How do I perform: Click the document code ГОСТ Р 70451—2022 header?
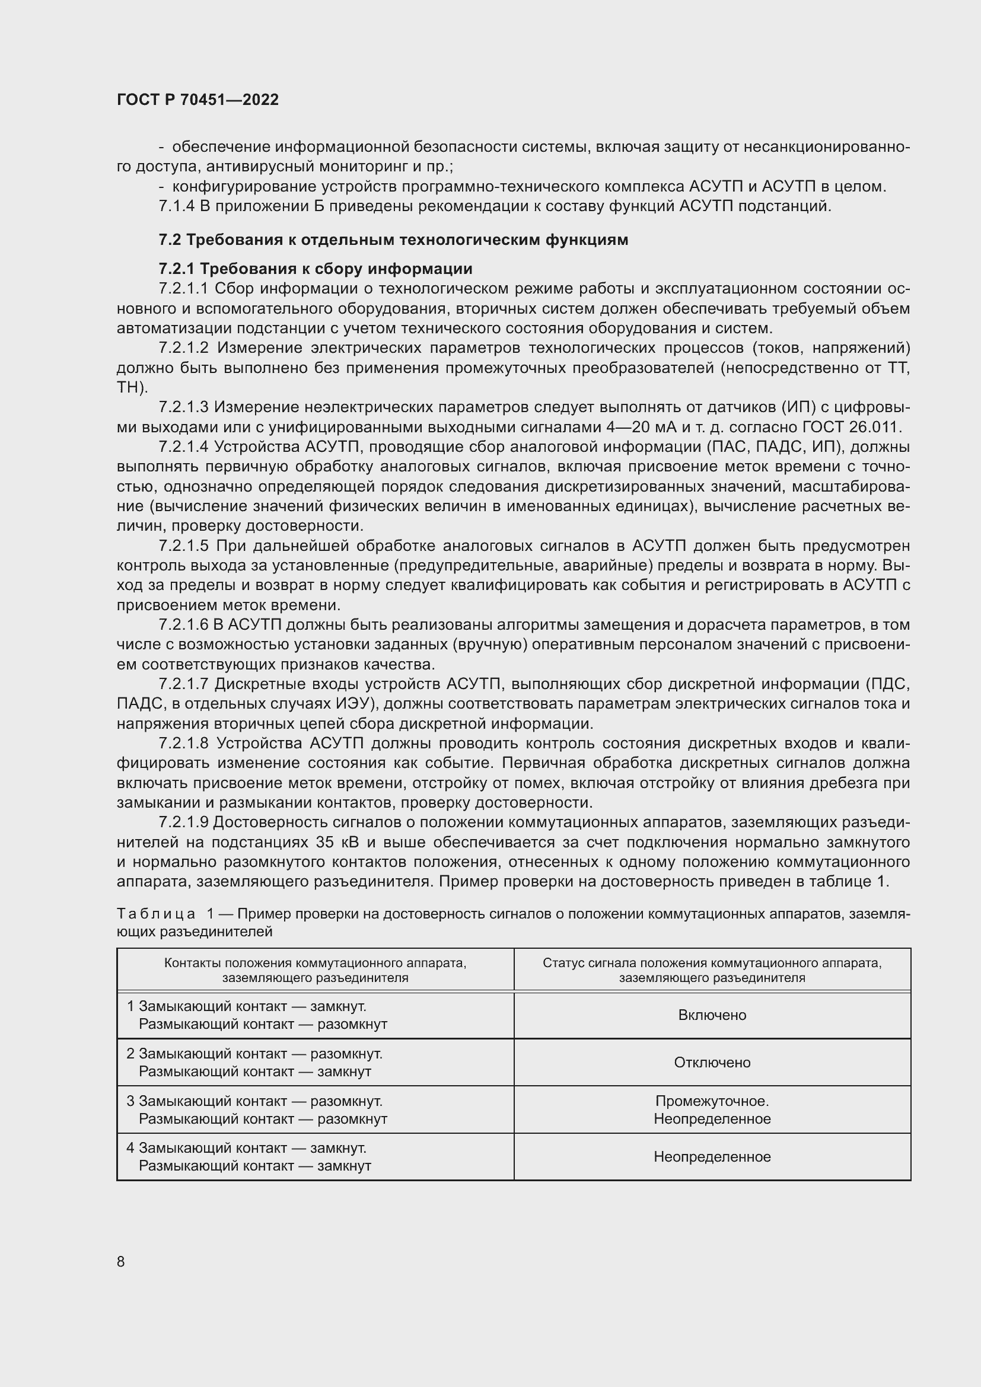(198, 100)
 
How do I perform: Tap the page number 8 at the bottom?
(121, 1261)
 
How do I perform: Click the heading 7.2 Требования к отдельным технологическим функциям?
(393, 240)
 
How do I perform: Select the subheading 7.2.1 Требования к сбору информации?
(316, 268)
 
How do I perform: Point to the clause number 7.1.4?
(176, 206)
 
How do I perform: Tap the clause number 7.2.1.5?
(184, 546)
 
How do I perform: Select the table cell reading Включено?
(712, 1015)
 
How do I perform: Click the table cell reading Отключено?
(712, 1063)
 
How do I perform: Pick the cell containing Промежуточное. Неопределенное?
(712, 1109)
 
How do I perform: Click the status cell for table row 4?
(712, 1157)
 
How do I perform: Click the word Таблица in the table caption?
(156, 914)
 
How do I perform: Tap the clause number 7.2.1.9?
(184, 823)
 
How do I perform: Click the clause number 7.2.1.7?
(184, 684)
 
